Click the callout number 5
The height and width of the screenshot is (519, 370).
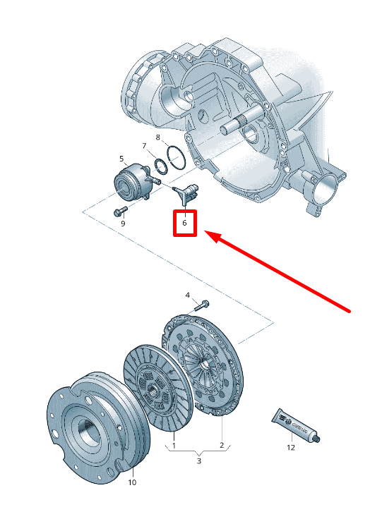coord(121,159)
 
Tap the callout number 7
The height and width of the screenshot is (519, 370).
coord(145,146)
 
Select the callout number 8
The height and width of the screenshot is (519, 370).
coord(158,137)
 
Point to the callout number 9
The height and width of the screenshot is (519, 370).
coord(122,224)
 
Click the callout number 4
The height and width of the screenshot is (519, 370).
coord(188,294)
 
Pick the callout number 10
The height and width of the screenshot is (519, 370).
coord(132,482)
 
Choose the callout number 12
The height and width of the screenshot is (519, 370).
coord(290,446)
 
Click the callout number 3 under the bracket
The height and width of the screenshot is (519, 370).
coord(198,460)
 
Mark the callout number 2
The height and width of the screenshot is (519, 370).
coord(221,445)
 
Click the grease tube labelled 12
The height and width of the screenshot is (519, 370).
coord(296,426)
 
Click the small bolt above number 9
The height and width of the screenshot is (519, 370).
coord(117,211)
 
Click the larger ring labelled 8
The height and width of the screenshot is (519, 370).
coord(176,156)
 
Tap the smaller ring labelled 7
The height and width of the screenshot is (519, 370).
coord(162,166)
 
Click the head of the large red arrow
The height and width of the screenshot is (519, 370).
coord(211,236)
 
